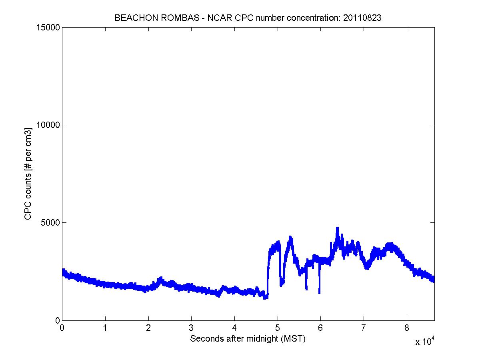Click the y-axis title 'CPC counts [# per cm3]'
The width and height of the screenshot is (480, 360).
point(28,174)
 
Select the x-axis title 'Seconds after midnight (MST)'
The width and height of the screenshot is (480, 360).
point(248,339)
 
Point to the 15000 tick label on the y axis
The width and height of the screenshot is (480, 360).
point(48,28)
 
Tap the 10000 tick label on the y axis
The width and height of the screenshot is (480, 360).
point(48,125)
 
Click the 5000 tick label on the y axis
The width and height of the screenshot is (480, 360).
point(50,222)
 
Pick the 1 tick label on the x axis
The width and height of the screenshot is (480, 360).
point(105,328)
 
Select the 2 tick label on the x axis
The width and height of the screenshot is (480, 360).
point(148,328)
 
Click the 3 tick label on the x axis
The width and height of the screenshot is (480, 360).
point(191,328)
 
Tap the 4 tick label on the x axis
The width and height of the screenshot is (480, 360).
point(234,328)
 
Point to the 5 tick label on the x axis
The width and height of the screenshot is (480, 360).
point(278,328)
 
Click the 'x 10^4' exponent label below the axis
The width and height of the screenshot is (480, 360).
point(424,341)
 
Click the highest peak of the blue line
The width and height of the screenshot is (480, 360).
point(338,228)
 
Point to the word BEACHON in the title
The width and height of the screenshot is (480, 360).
point(132,18)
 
